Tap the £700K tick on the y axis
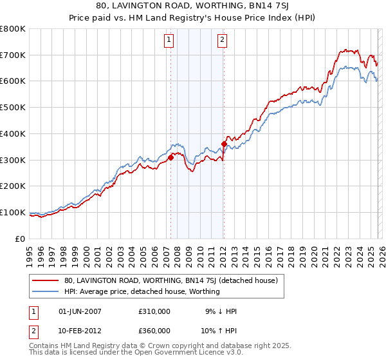pyautogui.click(x=13, y=55)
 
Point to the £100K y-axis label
pyautogui.click(x=13, y=212)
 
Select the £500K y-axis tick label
pyautogui.click(x=13, y=107)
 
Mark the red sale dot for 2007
pyautogui.click(x=170, y=157)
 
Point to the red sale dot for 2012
pyautogui.click(x=224, y=144)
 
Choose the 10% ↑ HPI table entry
pyautogui.click(x=218, y=330)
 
